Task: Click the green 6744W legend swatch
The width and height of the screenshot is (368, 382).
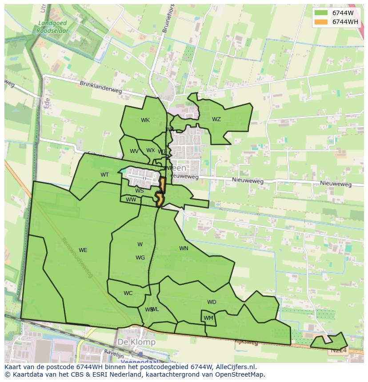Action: [320, 13]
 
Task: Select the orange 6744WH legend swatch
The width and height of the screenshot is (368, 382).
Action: [320, 22]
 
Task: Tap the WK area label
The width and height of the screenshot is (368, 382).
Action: [145, 120]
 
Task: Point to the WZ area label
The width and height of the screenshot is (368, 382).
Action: [216, 119]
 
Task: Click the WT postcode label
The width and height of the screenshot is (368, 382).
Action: [104, 175]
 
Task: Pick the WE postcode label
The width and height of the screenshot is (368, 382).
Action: [83, 250]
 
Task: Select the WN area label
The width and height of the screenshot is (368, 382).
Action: [184, 248]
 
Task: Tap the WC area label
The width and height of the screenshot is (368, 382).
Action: [128, 293]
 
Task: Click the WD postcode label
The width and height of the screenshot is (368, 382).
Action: [212, 302]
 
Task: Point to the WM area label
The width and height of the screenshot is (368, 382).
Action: [208, 318]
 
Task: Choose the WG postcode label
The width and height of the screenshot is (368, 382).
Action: [140, 258]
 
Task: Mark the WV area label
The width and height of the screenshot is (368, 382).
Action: [134, 151]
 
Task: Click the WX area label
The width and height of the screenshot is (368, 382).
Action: [151, 150]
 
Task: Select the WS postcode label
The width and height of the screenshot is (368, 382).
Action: [139, 191]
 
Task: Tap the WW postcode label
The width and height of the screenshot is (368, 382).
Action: [131, 200]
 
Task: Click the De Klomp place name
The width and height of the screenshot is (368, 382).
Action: [136, 342]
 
